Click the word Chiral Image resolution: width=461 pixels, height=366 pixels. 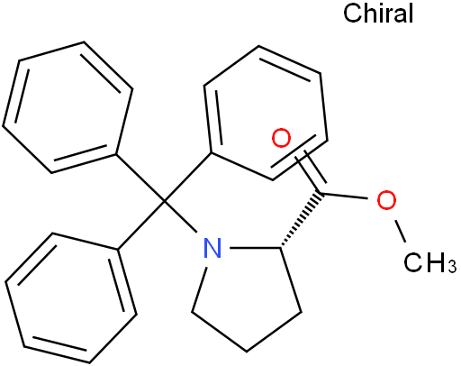(378, 14)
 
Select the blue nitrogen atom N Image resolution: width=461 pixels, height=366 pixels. (212, 248)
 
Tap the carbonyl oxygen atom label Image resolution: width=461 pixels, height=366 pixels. (281, 138)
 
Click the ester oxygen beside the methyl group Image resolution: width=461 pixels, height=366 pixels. (386, 200)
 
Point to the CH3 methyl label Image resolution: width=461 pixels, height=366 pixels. (429, 262)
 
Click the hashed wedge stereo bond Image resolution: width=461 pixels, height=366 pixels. (301, 220)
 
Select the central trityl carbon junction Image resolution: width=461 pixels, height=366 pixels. (165, 201)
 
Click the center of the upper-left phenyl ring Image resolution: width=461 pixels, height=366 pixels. (68, 107)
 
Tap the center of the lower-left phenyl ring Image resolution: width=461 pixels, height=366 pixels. (71, 297)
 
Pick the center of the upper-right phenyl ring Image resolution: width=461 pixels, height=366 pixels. (266, 113)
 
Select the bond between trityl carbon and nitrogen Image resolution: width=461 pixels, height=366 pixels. (181, 216)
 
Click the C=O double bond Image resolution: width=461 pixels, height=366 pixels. (311, 171)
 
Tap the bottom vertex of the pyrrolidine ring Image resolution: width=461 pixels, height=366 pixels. (247, 351)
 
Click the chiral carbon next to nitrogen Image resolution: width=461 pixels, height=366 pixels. (281, 248)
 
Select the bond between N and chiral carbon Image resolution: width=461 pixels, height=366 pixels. (256, 248)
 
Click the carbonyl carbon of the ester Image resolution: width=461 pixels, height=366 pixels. (321, 192)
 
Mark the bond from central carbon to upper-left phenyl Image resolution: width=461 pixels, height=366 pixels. (140, 178)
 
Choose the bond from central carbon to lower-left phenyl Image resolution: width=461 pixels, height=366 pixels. (141, 225)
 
